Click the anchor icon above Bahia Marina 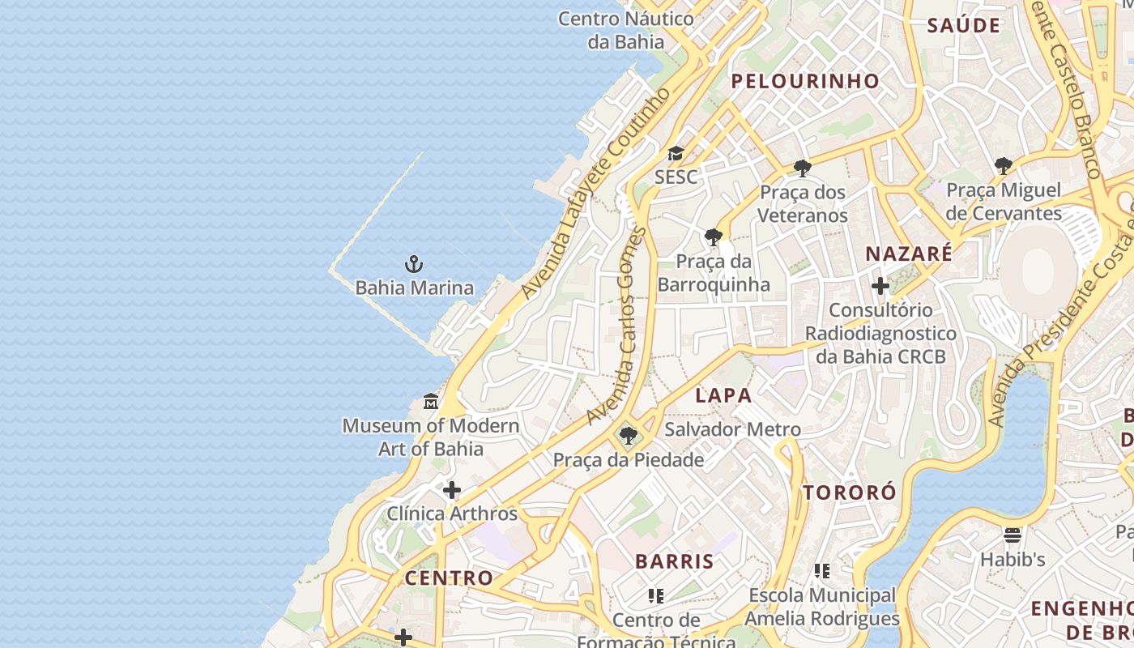[414, 264]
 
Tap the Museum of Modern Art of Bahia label [431, 437]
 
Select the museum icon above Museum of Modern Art [431, 401]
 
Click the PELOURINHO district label [805, 81]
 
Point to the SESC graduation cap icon [676, 154]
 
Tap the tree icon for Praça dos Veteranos [803, 168]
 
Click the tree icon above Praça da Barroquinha [714, 237]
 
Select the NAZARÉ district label [909, 254]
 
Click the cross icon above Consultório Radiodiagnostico [880, 286]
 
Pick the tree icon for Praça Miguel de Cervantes [1004, 166]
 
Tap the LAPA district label [723, 395]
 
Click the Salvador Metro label [732, 429]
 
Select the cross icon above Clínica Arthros [452, 490]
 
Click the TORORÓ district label [850, 492]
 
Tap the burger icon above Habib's [1013, 535]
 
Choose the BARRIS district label [675, 561]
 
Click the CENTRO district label [449, 578]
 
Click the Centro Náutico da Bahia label [626, 30]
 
